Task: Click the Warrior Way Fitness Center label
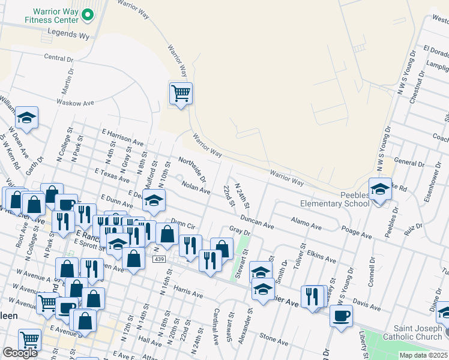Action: pyautogui.click(x=52, y=16)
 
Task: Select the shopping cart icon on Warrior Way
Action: pyautogui.click(x=181, y=93)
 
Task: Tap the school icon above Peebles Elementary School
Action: pyautogui.click(x=380, y=189)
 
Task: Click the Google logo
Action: pyautogui.click(x=20, y=353)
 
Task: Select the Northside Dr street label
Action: pyautogui.click(x=192, y=170)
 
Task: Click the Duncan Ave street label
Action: pyautogui.click(x=258, y=221)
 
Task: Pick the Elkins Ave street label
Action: pyautogui.click(x=321, y=258)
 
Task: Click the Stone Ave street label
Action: pyautogui.click(x=274, y=340)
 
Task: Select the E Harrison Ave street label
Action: pyautogui.click(x=123, y=138)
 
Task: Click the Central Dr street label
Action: pyautogui.click(x=58, y=58)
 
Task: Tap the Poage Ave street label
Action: pyautogui.click(x=357, y=230)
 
